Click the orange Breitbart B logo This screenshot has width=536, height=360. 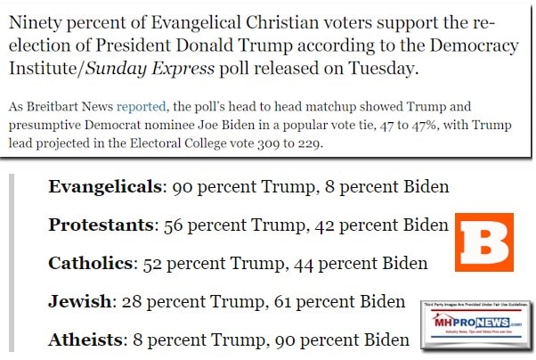(x=484, y=242)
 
